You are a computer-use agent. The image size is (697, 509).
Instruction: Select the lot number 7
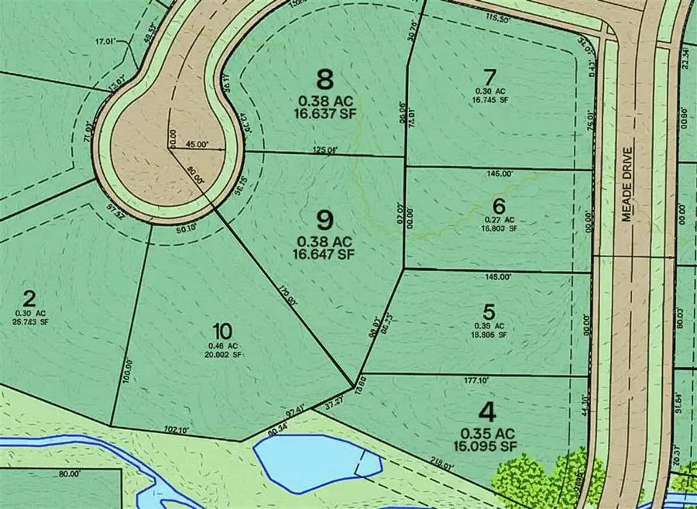pyautogui.click(x=488, y=77)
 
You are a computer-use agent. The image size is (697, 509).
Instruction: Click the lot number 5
pyautogui.click(x=489, y=312)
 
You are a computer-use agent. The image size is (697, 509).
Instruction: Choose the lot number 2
pyautogui.click(x=29, y=298)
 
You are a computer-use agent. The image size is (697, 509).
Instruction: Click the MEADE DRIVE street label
pyautogui.click(x=627, y=185)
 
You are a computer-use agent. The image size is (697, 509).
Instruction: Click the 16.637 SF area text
pyautogui.click(x=325, y=115)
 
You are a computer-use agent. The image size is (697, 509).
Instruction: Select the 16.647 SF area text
pyautogui.click(x=325, y=253)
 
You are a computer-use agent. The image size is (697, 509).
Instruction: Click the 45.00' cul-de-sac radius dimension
pyautogui.click(x=197, y=144)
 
